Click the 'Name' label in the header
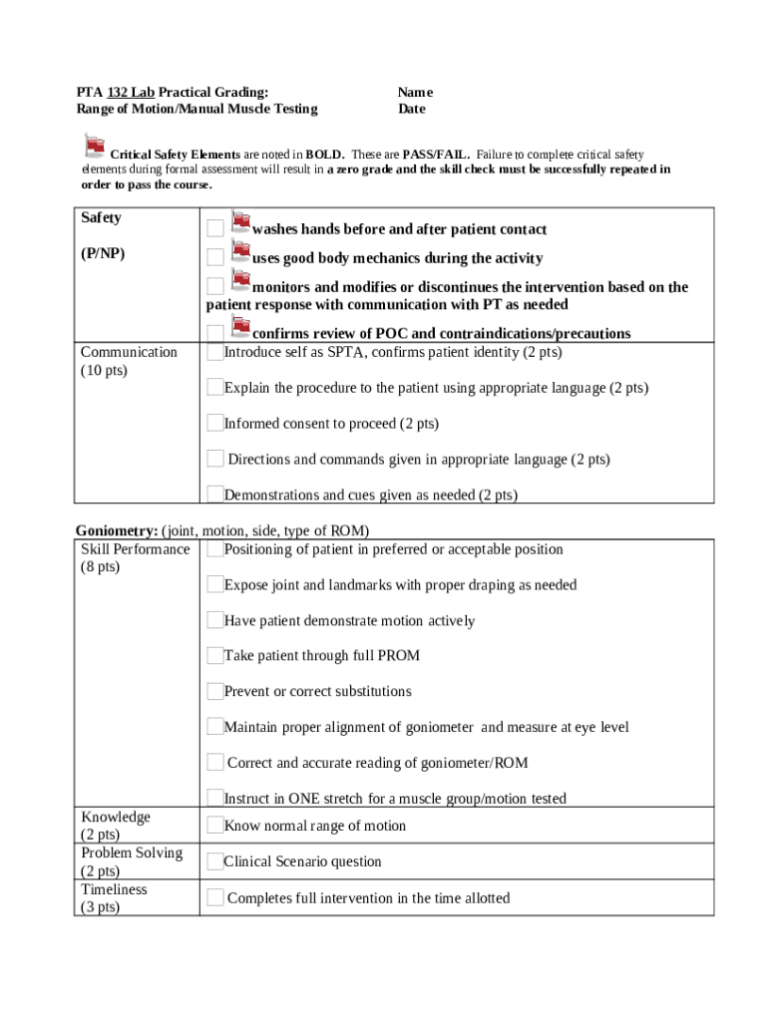click(415, 92)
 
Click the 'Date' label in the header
click(411, 109)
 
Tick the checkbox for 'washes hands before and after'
click(214, 229)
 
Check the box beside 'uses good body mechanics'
click(214, 258)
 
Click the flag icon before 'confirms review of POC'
click(240, 324)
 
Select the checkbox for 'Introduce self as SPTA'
click(214, 352)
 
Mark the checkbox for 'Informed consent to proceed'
click(214, 423)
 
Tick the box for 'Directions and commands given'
click(214, 459)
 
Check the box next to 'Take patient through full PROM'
click(214, 655)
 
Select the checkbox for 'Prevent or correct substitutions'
click(214, 691)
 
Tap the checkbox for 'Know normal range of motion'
click(214, 825)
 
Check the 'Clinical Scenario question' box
click(214, 860)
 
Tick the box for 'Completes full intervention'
click(214, 897)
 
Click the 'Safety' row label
click(101, 217)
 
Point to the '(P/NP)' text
click(103, 253)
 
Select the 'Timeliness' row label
click(114, 889)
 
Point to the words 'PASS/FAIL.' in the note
click(436, 156)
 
